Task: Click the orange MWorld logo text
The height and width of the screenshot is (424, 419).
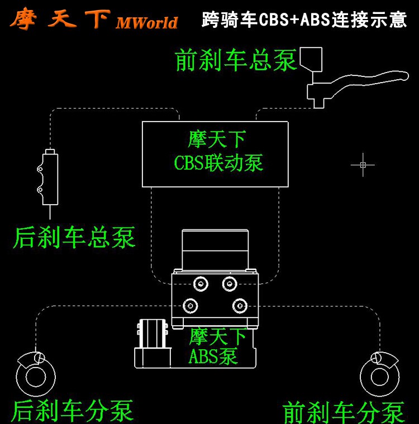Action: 146,22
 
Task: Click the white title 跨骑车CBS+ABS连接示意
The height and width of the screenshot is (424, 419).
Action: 304,20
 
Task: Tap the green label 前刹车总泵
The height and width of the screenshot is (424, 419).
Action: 236,60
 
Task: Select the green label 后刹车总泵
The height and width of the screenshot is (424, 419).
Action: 74,237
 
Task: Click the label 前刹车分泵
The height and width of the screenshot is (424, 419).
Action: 344,412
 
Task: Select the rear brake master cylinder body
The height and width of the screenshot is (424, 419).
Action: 50,177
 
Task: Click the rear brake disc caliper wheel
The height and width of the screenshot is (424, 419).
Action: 36,375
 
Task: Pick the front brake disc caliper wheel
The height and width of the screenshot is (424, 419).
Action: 380,375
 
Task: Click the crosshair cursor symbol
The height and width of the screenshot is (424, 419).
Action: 363,165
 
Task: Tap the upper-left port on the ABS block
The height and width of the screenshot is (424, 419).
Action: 199,283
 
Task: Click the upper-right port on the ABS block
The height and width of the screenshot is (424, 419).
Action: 228,283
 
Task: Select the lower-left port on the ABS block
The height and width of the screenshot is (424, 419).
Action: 192,305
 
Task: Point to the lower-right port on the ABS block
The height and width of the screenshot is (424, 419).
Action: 240,305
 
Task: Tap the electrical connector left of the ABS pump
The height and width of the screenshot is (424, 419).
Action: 151,341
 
